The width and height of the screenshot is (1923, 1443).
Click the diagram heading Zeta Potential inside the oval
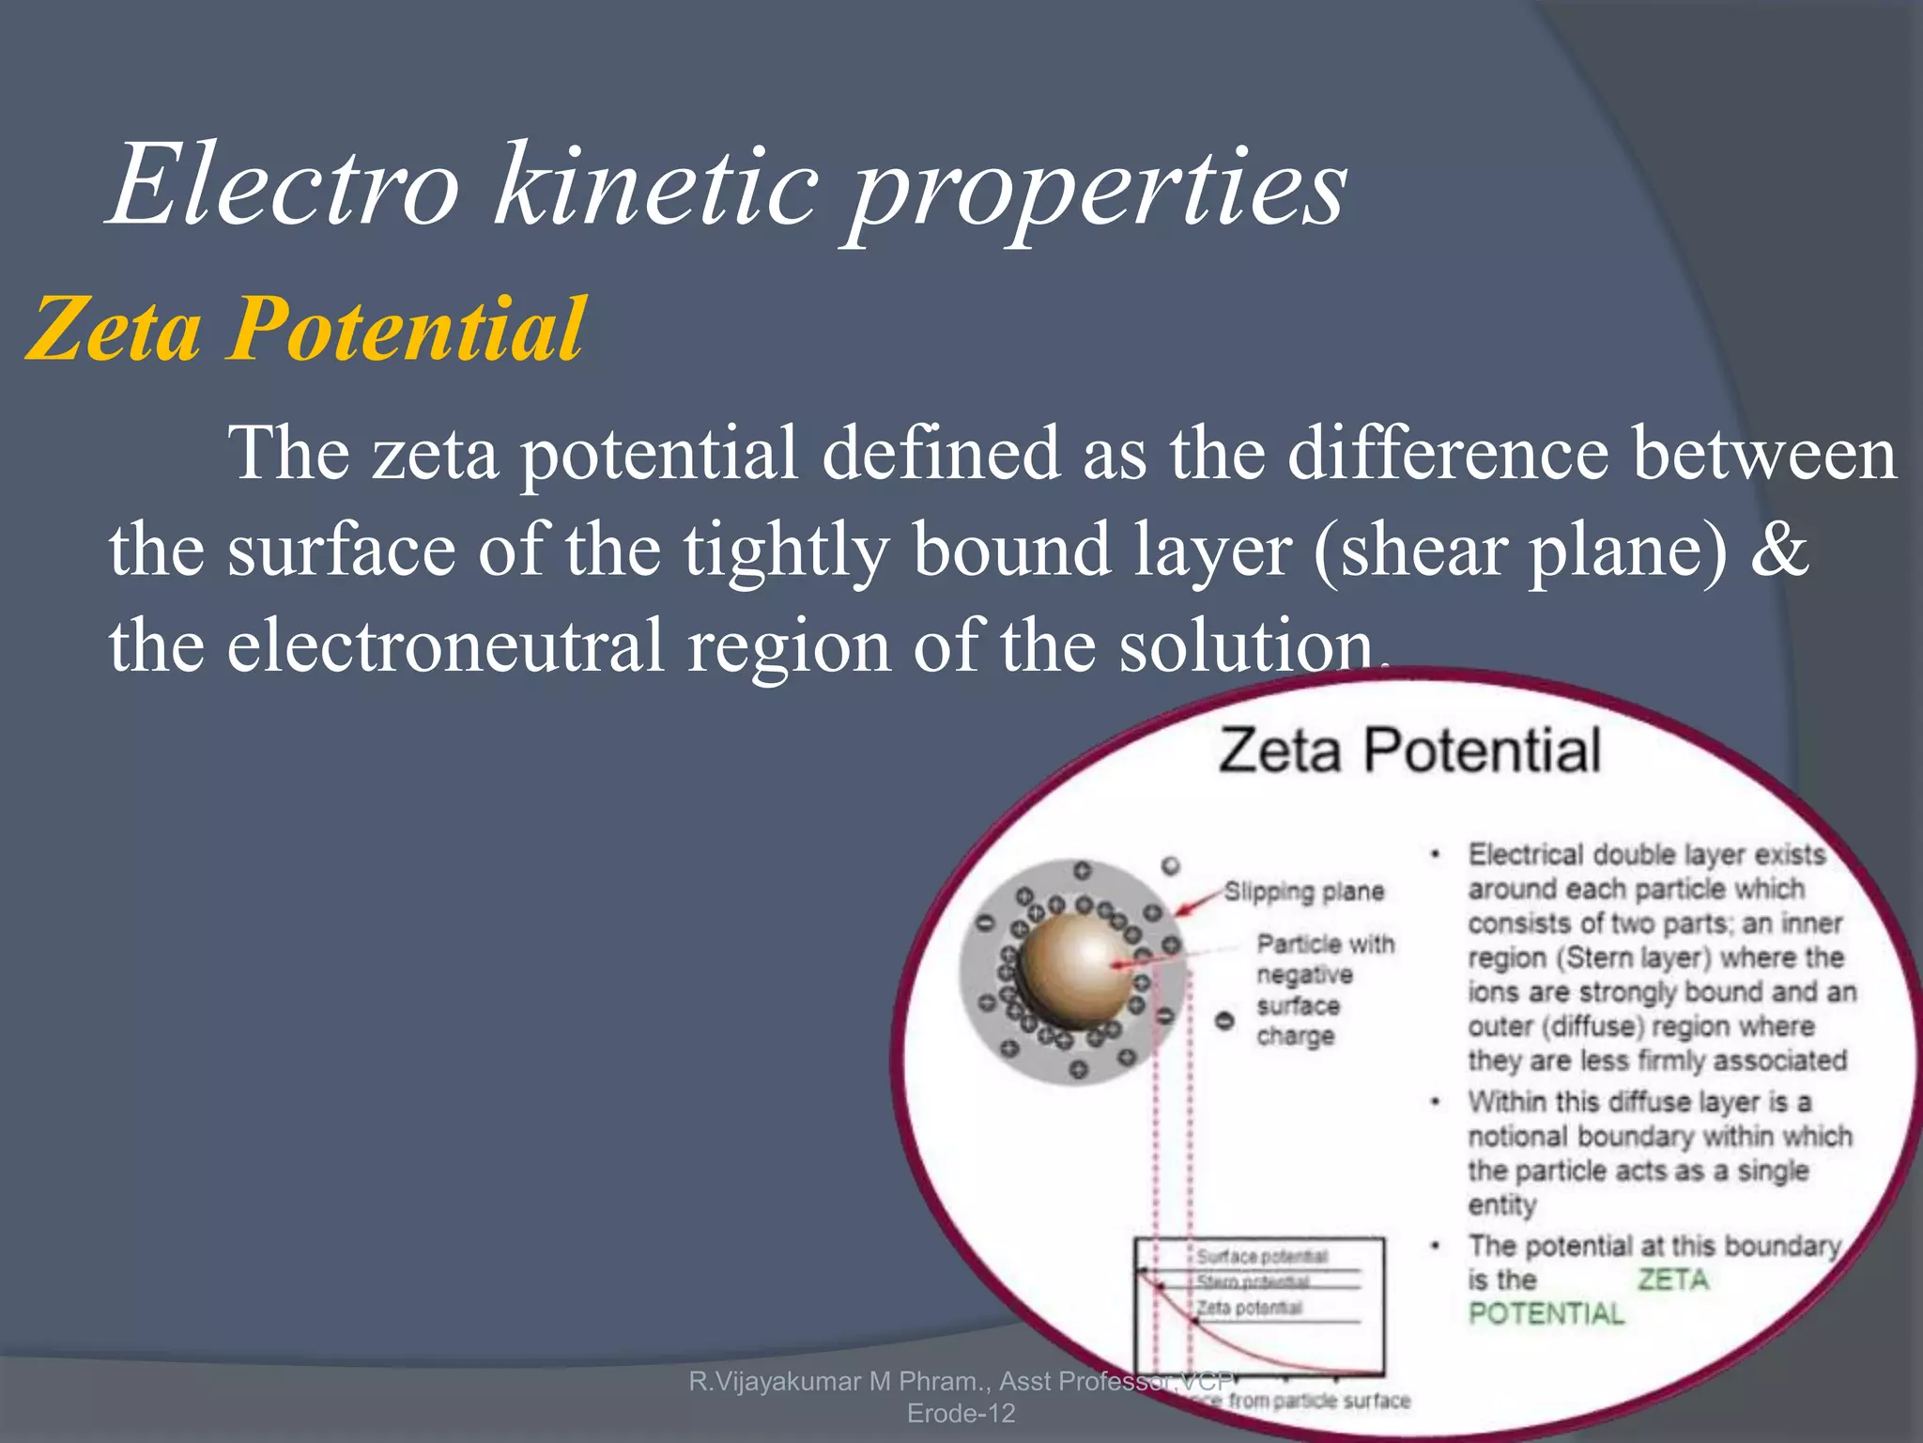pyautogui.click(x=1408, y=752)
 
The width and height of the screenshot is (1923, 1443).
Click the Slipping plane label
pyautogui.click(x=1304, y=891)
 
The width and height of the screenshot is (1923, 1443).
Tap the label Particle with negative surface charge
pyautogui.click(x=1324, y=988)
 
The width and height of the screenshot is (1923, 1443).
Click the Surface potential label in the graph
pyautogui.click(x=1262, y=1256)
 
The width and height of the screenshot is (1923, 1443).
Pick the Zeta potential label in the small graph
pyautogui.click(x=1249, y=1308)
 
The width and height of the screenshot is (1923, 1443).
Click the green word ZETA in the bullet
pyautogui.click(x=1672, y=1280)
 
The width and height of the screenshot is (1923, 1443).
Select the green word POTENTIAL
pyautogui.click(x=1546, y=1313)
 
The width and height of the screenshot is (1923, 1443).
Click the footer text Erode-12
pyautogui.click(x=961, y=1413)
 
